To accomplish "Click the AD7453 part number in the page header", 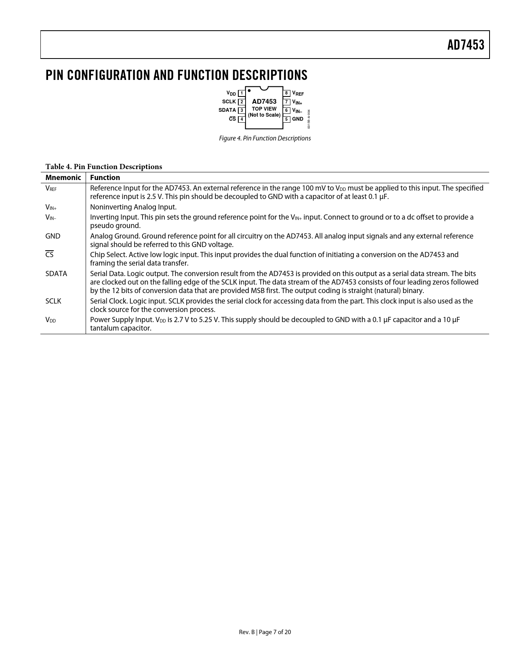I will [465, 45].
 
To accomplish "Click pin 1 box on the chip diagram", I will [242, 93].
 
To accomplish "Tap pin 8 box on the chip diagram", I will [286, 93].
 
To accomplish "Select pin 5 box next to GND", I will [286, 119].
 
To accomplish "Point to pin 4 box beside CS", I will [242, 119].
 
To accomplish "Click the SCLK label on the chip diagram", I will [229, 102].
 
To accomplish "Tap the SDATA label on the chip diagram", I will [227, 110].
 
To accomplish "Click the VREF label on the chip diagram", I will [298, 93].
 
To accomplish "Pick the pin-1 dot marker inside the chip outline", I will [249, 90].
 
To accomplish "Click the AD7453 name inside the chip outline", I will [264, 101].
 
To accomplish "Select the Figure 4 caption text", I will [265, 138].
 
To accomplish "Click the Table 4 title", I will [103, 167].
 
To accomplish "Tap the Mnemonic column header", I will [63, 178].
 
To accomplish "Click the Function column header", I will [105, 178].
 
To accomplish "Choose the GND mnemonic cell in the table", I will [53, 236].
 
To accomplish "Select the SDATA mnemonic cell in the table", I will [56, 274].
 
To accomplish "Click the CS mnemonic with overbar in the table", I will [49, 255].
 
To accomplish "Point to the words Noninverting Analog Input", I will [133, 207].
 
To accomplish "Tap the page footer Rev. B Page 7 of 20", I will [265, 632].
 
